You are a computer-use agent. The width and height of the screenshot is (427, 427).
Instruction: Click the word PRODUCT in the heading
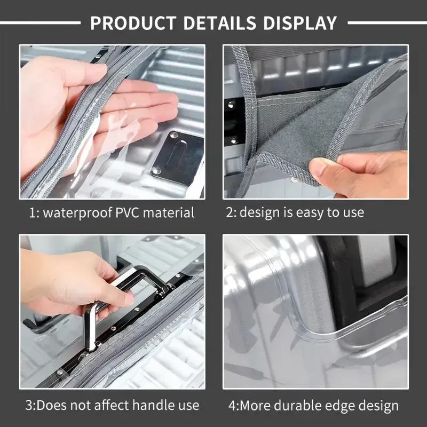[133, 23]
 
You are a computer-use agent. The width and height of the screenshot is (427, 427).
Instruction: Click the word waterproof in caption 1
[77, 212]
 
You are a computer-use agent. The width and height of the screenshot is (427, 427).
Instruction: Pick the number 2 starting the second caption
[229, 212]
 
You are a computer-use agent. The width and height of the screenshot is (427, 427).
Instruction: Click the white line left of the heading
[40, 23]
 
